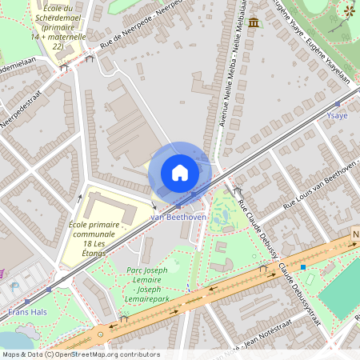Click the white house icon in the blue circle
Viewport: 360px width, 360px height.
click(x=180, y=172)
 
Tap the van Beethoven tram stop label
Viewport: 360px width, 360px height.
click(x=179, y=217)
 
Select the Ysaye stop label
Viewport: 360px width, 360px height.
click(x=337, y=116)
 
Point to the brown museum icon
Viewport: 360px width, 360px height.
click(x=254, y=22)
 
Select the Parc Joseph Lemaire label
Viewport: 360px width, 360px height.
click(x=147, y=277)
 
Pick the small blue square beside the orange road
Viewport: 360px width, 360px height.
click(x=303, y=266)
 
